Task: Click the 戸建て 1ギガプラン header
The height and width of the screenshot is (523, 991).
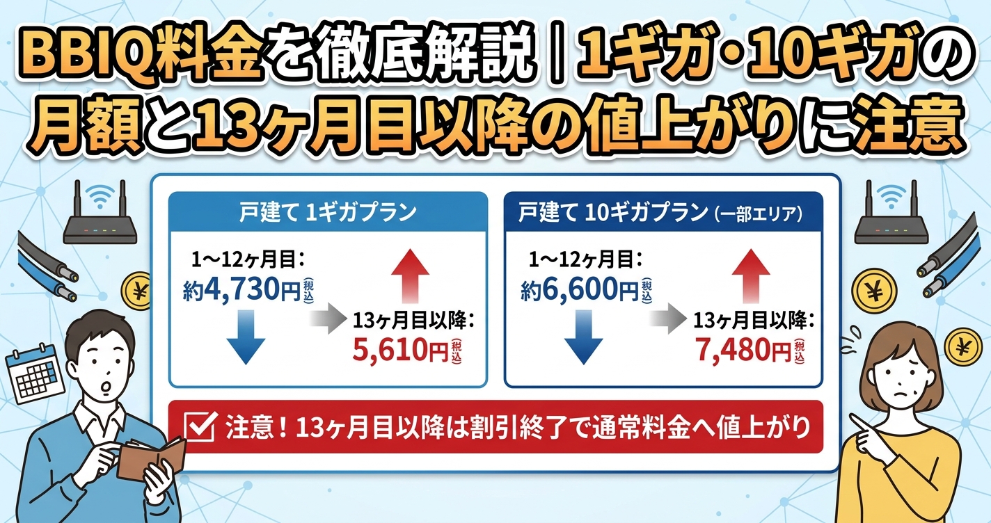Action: click(328, 212)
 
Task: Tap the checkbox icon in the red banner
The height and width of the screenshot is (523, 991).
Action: click(200, 428)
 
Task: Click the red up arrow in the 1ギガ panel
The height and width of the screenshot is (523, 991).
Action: click(411, 276)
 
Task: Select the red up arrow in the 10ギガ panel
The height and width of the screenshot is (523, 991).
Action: click(751, 276)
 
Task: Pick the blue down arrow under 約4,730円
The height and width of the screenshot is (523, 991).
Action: click(246, 337)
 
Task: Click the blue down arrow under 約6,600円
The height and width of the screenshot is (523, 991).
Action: click(584, 337)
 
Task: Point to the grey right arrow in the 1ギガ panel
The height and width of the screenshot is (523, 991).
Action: click(327, 318)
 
